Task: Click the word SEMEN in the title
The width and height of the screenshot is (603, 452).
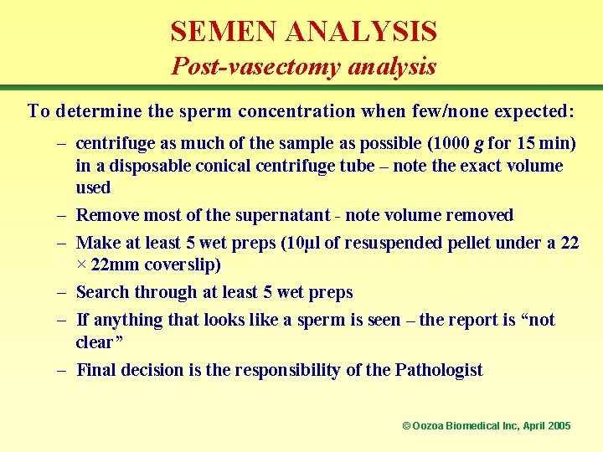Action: (x=224, y=32)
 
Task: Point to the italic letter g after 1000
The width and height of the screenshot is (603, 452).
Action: (x=478, y=145)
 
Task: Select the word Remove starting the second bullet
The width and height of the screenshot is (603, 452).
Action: (x=107, y=215)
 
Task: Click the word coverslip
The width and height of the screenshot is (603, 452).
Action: (x=193, y=265)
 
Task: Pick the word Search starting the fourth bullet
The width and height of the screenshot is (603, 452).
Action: (x=103, y=292)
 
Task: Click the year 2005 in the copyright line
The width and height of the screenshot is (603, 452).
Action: (x=559, y=426)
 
